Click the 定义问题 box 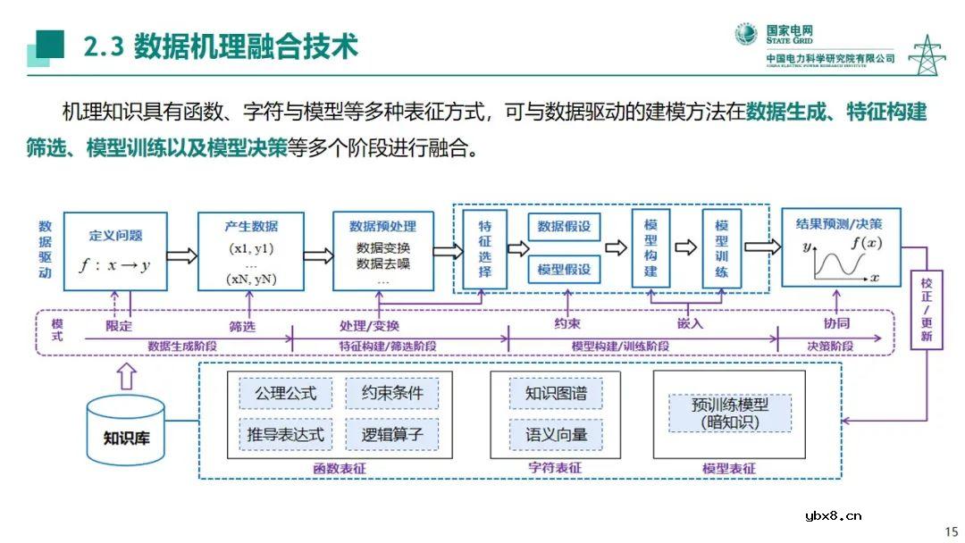click(116, 251)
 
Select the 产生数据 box click(251, 251)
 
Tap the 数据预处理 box click(383, 251)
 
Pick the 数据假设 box click(564, 227)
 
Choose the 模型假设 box click(564, 269)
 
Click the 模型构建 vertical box click(650, 248)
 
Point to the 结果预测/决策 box click(840, 247)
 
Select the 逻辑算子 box click(392, 435)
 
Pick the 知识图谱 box click(556, 393)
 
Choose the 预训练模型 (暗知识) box click(730, 413)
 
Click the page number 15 click(951, 531)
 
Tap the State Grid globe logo click(746, 35)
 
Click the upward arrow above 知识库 click(127, 375)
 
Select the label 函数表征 click(340, 468)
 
